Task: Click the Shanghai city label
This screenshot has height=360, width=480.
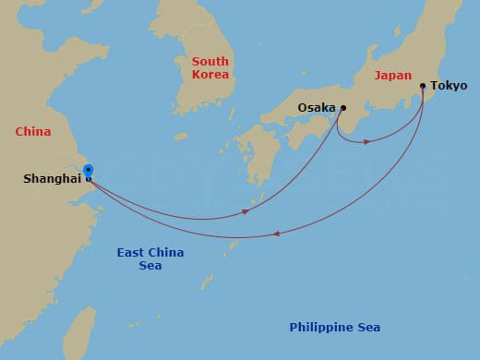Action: point(52,178)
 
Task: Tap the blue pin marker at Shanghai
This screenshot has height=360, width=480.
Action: point(88,171)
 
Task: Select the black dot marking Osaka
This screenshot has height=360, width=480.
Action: point(342,108)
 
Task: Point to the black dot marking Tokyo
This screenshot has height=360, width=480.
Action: point(423,87)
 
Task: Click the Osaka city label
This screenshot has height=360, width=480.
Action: point(317,108)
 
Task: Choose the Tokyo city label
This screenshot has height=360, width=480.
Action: point(449,86)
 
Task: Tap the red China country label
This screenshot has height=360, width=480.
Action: point(32,131)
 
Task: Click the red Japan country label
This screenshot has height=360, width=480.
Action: point(393,76)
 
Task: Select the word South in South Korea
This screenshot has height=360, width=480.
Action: point(210,62)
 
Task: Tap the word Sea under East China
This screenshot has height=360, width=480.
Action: point(150,266)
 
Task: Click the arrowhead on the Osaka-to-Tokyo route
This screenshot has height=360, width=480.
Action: point(366,141)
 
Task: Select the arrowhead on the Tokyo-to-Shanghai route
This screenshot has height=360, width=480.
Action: point(277,234)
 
